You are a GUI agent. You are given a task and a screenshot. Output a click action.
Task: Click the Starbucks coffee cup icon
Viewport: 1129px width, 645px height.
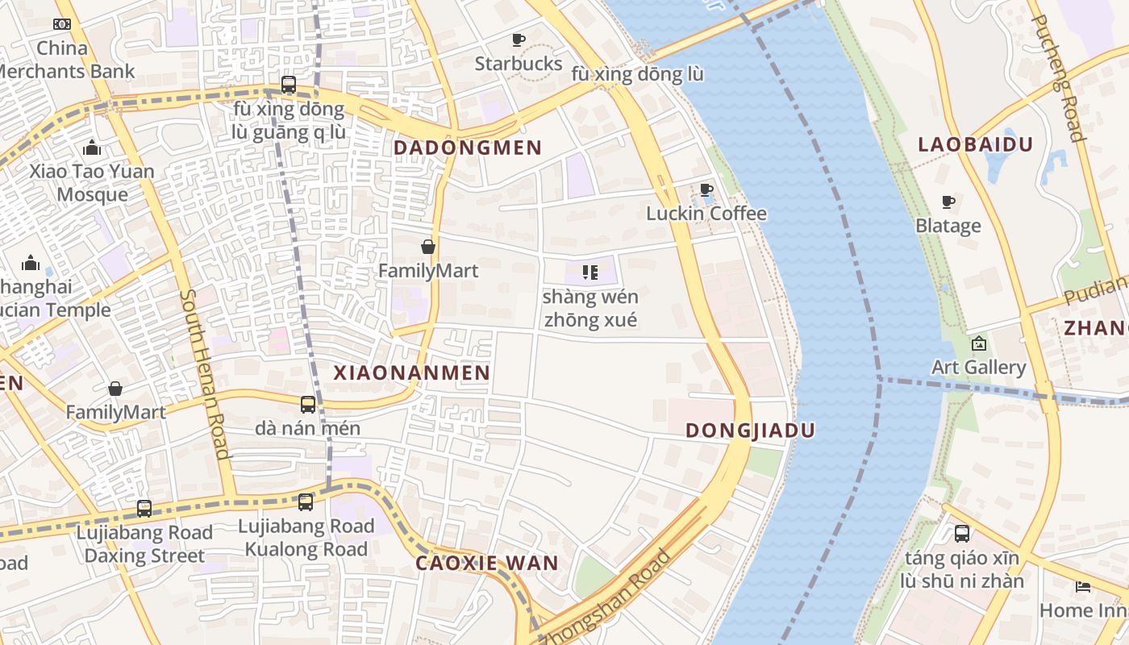(x=519, y=40)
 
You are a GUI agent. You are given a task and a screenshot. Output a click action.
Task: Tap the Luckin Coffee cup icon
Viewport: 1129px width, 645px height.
(x=706, y=190)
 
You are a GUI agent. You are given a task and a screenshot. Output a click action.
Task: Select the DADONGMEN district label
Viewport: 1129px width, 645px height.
(x=467, y=148)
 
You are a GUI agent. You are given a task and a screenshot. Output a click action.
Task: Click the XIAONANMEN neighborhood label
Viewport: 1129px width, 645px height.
(x=411, y=372)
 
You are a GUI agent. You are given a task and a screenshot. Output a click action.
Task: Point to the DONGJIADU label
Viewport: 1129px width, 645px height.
(x=750, y=431)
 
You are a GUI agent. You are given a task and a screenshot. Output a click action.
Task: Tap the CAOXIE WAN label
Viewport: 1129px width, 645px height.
(x=486, y=563)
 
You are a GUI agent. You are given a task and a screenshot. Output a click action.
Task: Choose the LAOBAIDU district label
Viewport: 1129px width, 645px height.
(x=975, y=145)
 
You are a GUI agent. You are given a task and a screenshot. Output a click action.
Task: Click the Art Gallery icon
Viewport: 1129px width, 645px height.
(x=978, y=344)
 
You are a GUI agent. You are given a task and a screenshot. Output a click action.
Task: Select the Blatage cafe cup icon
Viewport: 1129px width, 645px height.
(x=948, y=202)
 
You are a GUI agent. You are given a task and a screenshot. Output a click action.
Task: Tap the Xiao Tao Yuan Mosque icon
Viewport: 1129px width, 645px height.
(x=92, y=148)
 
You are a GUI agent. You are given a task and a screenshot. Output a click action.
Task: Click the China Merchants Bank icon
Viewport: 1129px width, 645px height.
(x=62, y=24)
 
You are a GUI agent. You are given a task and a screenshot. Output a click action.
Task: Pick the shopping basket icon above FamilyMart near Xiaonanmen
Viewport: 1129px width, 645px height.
(x=428, y=247)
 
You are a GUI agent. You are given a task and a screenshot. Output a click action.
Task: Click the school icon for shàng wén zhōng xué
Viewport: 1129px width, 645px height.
(x=589, y=273)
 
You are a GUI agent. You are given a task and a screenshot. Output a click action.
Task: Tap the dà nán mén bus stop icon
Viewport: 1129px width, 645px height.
(x=308, y=405)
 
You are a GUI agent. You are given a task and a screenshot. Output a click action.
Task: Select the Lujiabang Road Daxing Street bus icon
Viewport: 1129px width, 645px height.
(x=144, y=509)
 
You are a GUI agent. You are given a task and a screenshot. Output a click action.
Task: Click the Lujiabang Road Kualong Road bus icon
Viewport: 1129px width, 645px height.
(x=306, y=502)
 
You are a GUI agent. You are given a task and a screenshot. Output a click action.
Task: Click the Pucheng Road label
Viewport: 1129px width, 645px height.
(x=1058, y=78)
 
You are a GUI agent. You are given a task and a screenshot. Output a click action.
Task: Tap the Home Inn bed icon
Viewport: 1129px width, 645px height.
(x=1082, y=587)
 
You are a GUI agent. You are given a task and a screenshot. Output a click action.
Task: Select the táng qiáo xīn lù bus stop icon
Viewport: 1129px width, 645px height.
(x=962, y=534)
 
